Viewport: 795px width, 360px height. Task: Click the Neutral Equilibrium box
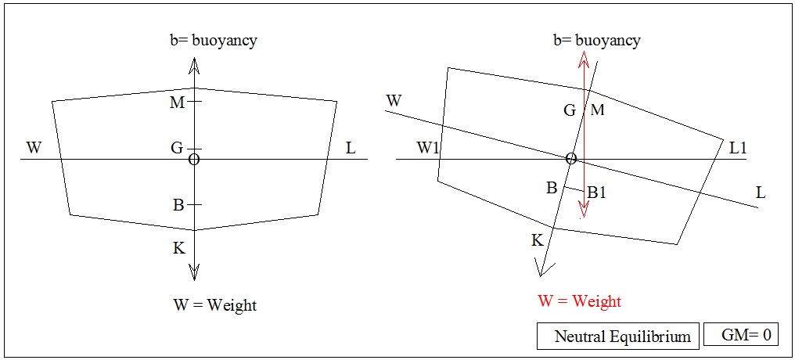tap(622, 337)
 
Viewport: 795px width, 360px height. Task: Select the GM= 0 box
tap(747, 335)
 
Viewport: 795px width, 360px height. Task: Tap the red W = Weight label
tap(579, 301)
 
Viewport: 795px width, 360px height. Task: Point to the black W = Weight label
tap(214, 304)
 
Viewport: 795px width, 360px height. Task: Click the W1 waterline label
tap(428, 147)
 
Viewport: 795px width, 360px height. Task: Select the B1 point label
tap(596, 192)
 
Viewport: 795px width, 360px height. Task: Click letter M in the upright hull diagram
tap(176, 102)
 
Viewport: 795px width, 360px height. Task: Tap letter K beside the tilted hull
tap(537, 240)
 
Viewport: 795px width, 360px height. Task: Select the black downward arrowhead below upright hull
tap(195, 272)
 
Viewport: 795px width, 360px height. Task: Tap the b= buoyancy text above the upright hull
tap(215, 40)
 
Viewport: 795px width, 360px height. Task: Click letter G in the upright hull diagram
tap(178, 146)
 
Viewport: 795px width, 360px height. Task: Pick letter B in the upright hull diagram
tap(178, 205)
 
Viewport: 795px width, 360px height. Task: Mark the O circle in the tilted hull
tap(571, 159)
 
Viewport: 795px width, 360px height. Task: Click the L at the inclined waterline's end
tap(760, 192)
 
